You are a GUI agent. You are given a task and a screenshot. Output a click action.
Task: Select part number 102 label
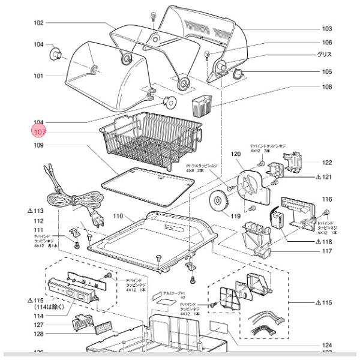tap(38, 23)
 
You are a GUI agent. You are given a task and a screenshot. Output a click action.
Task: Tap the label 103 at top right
tap(327, 28)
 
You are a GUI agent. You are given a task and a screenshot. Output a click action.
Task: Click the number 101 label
tap(38, 76)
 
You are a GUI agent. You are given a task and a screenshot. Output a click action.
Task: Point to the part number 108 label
tap(327, 87)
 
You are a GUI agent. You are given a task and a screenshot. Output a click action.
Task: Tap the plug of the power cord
tap(90, 213)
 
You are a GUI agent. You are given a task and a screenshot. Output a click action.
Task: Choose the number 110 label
tap(118, 215)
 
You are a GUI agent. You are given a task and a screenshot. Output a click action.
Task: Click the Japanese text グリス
tap(325, 55)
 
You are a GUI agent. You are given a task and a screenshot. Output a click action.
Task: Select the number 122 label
tap(327, 163)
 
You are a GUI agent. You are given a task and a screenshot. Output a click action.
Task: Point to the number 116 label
tap(327, 199)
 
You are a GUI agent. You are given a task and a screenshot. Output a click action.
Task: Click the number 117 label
tap(327, 251)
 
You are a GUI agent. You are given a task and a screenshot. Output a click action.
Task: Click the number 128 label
tap(38, 334)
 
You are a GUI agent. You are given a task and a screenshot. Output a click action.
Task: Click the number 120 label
tap(236, 154)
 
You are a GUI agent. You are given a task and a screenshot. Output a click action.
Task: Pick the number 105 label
tap(327, 71)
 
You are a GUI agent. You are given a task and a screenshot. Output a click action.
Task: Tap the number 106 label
tap(327, 43)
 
